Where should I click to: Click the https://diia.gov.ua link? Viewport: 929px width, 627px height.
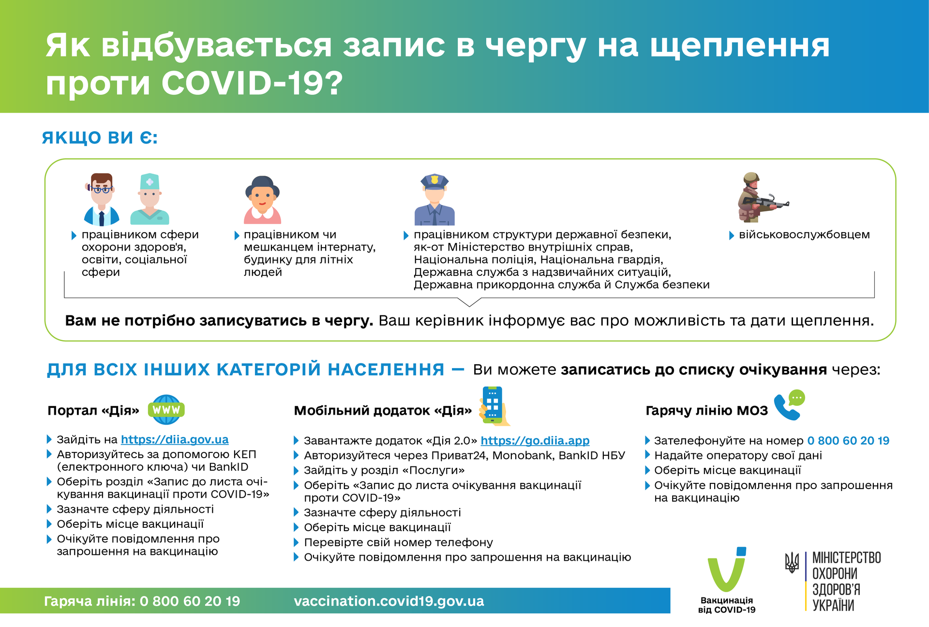tap(175, 439)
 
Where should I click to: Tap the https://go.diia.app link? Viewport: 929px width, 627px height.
tap(535, 441)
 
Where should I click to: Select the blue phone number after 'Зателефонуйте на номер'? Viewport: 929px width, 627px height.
tap(848, 441)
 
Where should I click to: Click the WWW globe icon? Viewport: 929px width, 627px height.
tap(166, 410)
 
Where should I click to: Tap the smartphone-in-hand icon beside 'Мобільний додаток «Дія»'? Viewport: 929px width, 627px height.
tap(494, 406)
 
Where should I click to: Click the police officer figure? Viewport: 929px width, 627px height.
tap(435, 200)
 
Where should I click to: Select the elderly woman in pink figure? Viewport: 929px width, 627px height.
tap(262, 200)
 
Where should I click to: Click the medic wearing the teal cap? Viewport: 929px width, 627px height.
tap(150, 199)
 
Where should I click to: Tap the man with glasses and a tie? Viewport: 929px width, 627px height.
tap(102, 200)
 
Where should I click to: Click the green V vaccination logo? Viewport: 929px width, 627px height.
tap(727, 571)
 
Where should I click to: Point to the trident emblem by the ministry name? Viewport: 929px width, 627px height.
tap(792, 563)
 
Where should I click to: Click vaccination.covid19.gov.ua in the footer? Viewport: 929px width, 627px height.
tap(389, 601)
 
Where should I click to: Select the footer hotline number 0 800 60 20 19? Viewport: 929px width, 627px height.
tap(190, 601)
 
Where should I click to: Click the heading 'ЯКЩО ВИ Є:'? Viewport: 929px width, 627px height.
tap(100, 138)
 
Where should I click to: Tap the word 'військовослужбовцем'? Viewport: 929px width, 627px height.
tap(804, 235)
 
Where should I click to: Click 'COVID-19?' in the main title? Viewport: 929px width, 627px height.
tap(252, 83)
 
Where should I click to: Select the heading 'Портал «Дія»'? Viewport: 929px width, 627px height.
tap(93, 411)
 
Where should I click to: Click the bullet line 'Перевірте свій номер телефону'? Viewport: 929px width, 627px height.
tap(398, 542)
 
